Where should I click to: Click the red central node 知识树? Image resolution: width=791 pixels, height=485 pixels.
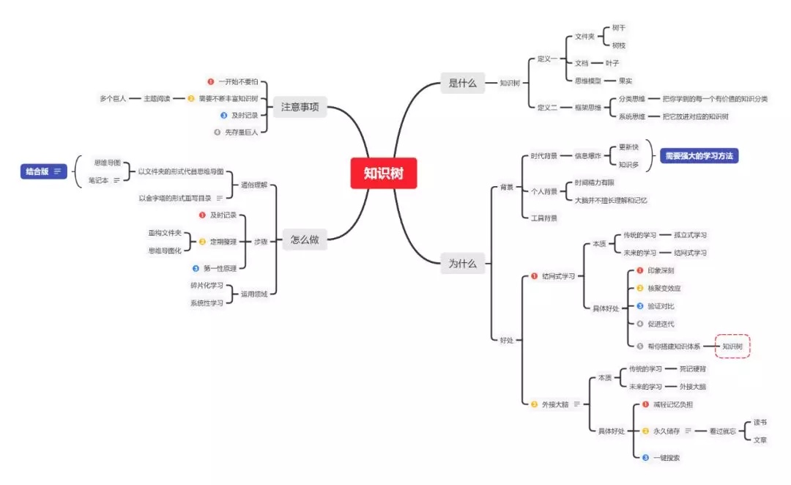pos(383,173)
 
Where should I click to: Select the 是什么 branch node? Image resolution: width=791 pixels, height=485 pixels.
pos(462,83)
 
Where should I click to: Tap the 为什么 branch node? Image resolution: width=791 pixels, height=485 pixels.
pos(462,263)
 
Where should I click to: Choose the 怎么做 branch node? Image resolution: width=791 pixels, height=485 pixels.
pos(304,240)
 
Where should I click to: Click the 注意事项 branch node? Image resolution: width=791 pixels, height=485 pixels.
pos(300,107)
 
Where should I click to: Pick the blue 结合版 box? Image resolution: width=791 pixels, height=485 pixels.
pos(43,171)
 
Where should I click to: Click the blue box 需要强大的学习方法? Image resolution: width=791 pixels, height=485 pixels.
pos(699,156)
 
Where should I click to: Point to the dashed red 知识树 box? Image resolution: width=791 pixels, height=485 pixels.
pos(732,346)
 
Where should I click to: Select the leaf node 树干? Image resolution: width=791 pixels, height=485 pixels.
pos(618,27)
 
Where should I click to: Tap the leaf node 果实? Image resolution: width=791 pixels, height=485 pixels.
pos(625,81)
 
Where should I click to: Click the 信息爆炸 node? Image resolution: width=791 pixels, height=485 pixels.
pos(587,155)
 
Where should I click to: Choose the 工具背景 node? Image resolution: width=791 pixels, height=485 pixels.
pos(543,218)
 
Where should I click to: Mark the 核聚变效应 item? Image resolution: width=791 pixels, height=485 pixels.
pos(669,288)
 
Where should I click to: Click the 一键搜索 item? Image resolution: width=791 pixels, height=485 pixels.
pos(666,458)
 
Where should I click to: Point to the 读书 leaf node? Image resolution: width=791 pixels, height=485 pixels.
pos(760,423)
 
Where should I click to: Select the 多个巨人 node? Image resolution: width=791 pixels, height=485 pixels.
pos(113,97)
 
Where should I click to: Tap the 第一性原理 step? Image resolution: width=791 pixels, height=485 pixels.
pos(219,268)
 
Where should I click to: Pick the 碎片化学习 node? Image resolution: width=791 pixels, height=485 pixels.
pos(207,285)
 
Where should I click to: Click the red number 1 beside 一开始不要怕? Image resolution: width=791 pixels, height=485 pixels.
pos(211,82)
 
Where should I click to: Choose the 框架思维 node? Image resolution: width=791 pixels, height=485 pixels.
pos(587,107)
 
